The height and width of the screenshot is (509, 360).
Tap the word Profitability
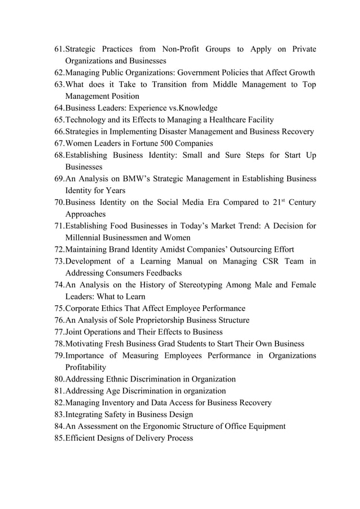85,367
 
